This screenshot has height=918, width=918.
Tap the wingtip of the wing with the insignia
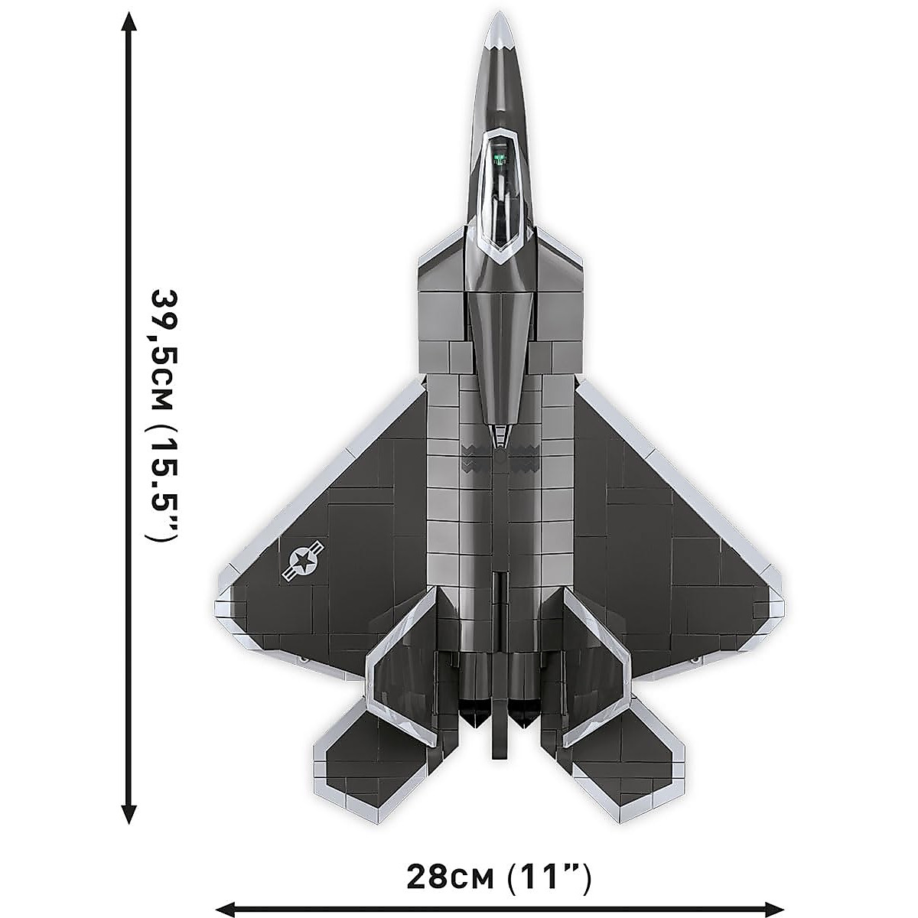coord(223,604)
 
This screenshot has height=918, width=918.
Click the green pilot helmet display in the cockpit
coord(500,159)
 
